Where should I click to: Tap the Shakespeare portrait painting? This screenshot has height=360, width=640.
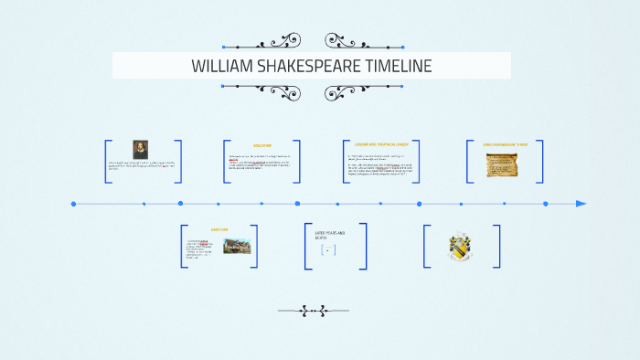coord(140,149)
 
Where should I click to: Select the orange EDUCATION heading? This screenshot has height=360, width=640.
coord(262,146)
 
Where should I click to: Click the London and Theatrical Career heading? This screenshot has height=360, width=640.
coord(381,144)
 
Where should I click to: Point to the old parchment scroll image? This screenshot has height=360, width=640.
coord(502,164)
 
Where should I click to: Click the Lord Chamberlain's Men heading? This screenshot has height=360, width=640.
coord(506,145)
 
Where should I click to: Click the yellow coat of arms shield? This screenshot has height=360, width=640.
coord(460,248)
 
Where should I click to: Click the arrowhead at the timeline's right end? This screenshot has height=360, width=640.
coord(581,204)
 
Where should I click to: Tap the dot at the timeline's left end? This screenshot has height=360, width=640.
coord(74,204)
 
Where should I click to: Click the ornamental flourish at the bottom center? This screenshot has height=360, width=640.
coord(313,311)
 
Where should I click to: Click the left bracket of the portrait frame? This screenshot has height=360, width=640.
coord(107,162)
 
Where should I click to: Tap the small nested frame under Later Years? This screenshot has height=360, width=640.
coord(328,249)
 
